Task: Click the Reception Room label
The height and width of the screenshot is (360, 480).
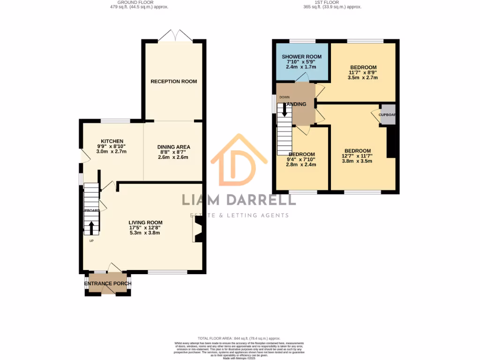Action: click(x=173, y=82)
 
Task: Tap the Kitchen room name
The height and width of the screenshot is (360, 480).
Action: click(x=112, y=141)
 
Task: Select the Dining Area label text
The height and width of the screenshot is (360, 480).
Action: click(x=173, y=147)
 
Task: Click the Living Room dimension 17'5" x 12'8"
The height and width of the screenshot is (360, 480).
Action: click(x=145, y=228)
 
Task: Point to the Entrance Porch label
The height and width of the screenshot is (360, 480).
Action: click(x=107, y=284)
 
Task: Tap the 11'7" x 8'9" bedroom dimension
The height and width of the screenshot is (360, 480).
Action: click(x=363, y=72)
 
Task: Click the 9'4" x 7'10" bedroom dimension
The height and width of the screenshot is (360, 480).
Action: click(x=301, y=159)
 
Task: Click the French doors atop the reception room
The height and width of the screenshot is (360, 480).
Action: click(x=173, y=36)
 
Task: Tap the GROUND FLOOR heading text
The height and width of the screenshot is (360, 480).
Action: click(x=135, y=2)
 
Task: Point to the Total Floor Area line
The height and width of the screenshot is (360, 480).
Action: click(x=239, y=338)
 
